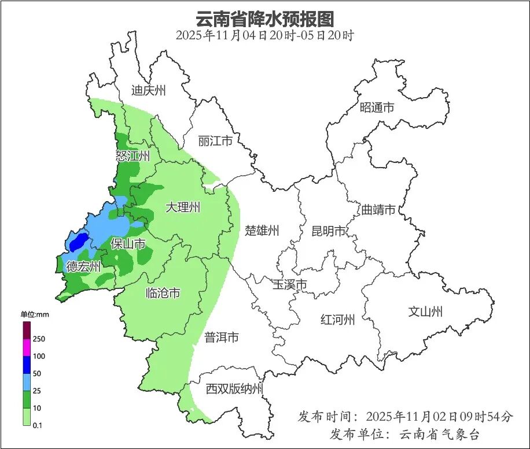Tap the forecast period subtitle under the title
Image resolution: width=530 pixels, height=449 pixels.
[x=264, y=35]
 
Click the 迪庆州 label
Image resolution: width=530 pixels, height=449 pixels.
[x=148, y=90]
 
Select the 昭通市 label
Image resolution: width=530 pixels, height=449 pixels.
[x=377, y=107]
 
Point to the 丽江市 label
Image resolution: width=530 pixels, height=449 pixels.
[x=215, y=141]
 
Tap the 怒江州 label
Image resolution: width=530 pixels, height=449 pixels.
[x=132, y=156]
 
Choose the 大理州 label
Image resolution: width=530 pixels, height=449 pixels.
[x=183, y=207]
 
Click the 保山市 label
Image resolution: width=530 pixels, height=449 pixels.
[x=128, y=244]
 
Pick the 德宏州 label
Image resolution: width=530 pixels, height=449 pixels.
[x=83, y=266]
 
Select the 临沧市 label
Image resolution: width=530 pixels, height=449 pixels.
[x=162, y=293]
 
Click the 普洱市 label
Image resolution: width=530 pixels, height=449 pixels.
[x=221, y=337]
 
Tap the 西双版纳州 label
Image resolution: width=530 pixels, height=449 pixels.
[x=234, y=389]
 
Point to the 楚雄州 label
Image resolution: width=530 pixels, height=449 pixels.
[x=262, y=231]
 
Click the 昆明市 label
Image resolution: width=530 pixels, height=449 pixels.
[x=328, y=231]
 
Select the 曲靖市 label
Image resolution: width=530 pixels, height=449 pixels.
[x=378, y=209]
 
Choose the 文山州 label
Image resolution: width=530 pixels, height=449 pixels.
[x=425, y=311]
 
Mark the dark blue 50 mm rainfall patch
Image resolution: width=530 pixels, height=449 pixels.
[x=78, y=242]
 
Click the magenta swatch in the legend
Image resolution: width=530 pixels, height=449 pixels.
[x=27, y=348]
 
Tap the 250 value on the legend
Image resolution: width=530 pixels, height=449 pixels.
[x=39, y=338]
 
